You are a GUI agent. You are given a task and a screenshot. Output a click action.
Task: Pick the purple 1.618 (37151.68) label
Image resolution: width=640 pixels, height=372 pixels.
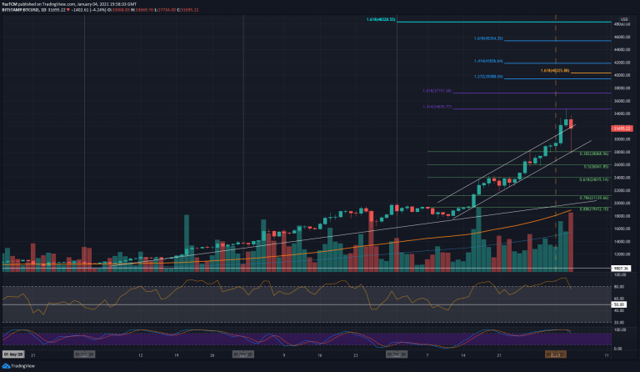click(x=437, y=91)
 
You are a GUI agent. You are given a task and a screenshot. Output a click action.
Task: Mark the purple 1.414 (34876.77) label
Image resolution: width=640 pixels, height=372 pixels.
click(x=437, y=107)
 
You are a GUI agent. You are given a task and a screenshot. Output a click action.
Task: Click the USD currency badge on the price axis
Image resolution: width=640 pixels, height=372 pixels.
click(x=623, y=18)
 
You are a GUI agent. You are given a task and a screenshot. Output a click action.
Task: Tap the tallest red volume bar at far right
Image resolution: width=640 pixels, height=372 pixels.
click(x=572, y=242)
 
